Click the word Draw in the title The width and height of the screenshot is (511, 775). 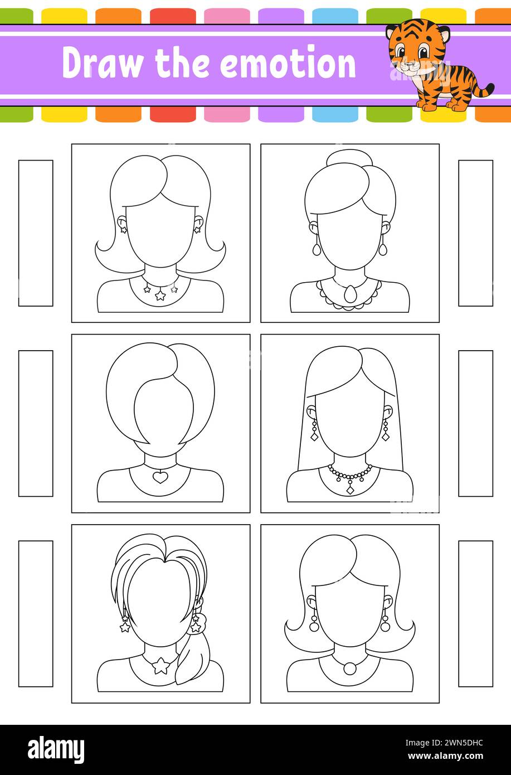click(x=103, y=64)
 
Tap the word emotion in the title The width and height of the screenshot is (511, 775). click(x=288, y=64)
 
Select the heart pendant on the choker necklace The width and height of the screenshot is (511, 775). click(x=160, y=477)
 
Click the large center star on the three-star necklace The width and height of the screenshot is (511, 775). click(x=160, y=295)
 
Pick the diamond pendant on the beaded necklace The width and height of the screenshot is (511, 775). click(x=349, y=490)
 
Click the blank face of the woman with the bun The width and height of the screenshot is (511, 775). click(x=349, y=239)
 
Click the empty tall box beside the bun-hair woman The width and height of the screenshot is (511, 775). click(x=475, y=233)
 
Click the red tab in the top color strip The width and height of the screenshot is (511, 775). click(x=173, y=16)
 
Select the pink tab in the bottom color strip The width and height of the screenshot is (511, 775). click(x=227, y=114)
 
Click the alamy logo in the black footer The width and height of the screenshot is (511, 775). click(x=56, y=748)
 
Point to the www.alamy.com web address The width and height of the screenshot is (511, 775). click(x=445, y=755)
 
